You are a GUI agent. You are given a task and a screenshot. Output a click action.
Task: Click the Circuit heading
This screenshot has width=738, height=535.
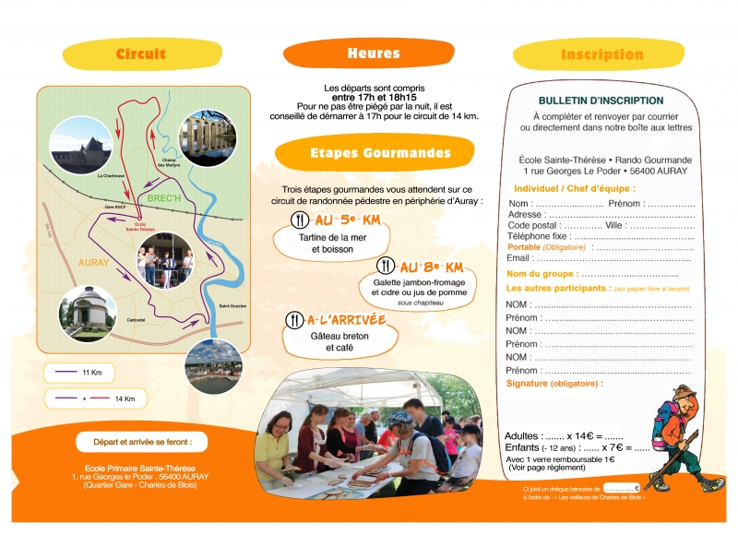[x=141, y=54]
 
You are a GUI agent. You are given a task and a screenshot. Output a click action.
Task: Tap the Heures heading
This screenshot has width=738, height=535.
[x=374, y=53]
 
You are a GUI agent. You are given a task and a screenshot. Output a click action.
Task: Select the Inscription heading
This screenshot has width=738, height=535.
[x=601, y=54]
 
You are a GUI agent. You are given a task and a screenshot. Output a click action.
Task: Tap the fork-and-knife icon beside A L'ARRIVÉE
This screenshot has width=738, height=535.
[x=294, y=320]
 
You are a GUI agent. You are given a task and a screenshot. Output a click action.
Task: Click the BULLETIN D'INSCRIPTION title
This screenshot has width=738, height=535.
[x=601, y=101]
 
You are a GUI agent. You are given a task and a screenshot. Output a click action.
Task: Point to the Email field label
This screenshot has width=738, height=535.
[x=519, y=258]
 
